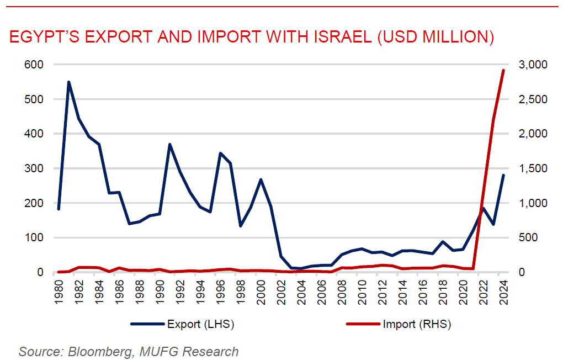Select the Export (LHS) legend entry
(x=182, y=324)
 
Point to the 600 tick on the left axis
(x=34, y=65)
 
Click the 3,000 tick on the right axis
(x=531, y=65)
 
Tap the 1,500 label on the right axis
(x=531, y=168)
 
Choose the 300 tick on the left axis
(x=34, y=168)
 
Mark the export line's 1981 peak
(x=68, y=82)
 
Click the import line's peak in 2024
(x=503, y=70)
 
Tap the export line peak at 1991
(x=169, y=144)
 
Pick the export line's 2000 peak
(x=261, y=179)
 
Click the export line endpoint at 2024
(x=503, y=175)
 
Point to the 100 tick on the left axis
(x=34, y=238)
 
